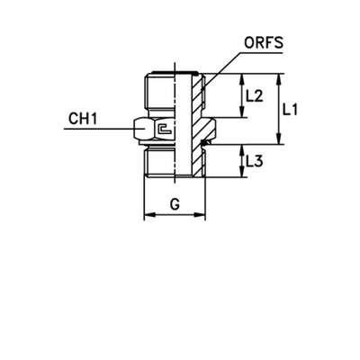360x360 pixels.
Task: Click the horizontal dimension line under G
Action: (176, 216)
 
